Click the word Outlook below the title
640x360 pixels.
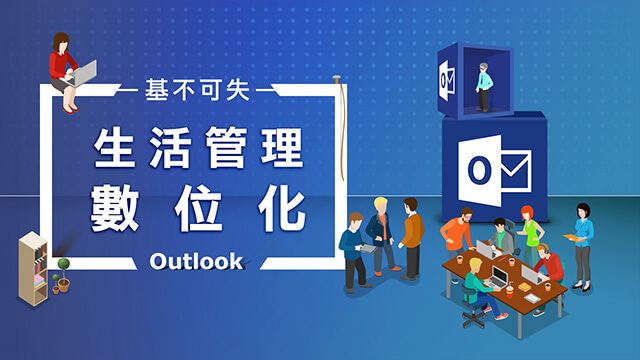click(x=196, y=261)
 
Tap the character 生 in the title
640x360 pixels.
click(x=115, y=147)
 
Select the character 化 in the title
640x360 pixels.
click(x=282, y=207)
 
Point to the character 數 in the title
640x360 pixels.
click(x=115, y=207)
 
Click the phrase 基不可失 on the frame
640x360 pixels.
click(x=198, y=90)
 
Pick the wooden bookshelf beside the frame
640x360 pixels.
click(x=33, y=269)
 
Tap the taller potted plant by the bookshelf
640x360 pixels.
click(x=64, y=274)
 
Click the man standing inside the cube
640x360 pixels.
click(x=484, y=87)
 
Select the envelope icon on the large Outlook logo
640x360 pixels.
click(x=516, y=171)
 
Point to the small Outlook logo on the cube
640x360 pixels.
click(x=447, y=80)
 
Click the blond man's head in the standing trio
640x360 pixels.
click(x=381, y=205)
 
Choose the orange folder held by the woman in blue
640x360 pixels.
click(x=573, y=238)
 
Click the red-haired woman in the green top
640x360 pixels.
click(x=531, y=235)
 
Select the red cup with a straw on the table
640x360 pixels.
click(x=509, y=290)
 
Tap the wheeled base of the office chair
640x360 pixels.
click(x=474, y=318)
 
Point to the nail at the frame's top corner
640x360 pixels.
click(x=337, y=79)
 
